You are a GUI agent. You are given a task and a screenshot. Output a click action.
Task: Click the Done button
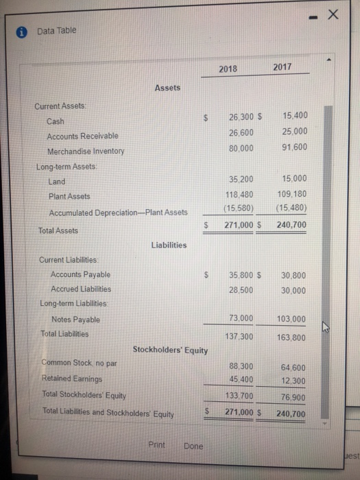point(193,446)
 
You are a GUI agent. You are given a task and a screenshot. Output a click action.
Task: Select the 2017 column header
point(282,67)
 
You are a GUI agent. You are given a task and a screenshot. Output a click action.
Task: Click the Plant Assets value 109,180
point(293,195)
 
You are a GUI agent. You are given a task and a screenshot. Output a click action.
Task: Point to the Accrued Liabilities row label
point(80,289)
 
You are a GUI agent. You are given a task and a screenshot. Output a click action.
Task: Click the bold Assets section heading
point(167,88)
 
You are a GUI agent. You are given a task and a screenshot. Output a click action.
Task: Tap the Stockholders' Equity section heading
point(170,350)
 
